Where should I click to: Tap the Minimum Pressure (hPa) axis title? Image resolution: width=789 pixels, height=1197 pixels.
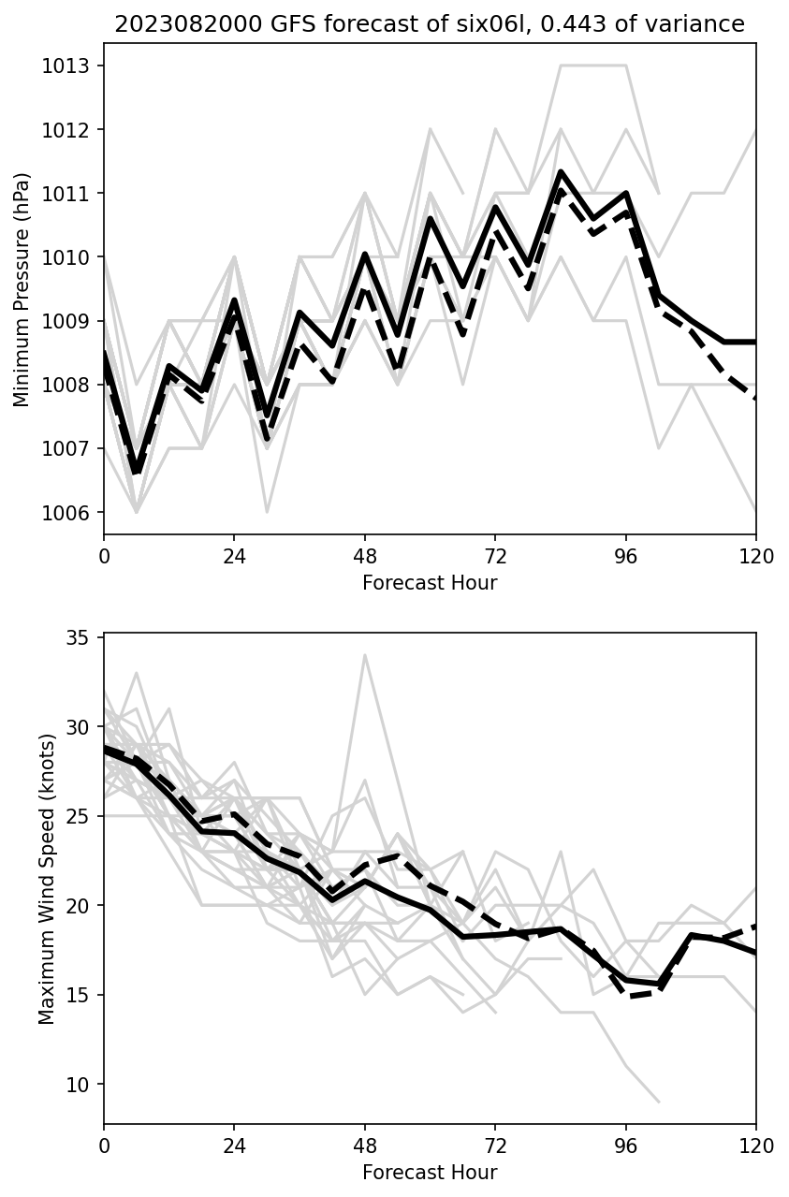[x=22, y=289]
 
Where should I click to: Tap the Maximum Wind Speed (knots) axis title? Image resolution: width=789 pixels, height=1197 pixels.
[x=47, y=878]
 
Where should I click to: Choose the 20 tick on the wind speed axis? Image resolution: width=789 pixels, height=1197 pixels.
[x=83, y=906]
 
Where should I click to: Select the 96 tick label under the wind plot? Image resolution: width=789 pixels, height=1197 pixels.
[x=626, y=1146]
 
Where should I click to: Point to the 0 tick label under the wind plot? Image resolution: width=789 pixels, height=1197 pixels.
[x=104, y=1146]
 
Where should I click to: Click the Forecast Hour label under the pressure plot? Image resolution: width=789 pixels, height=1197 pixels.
[x=430, y=583]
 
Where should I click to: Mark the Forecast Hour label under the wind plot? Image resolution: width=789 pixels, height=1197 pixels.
[x=430, y=1173]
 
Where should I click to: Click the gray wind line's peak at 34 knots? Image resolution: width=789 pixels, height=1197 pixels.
[x=365, y=655]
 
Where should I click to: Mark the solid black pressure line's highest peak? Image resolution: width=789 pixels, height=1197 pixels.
[x=561, y=171]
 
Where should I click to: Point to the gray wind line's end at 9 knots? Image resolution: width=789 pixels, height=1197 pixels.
[x=659, y=1102]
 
